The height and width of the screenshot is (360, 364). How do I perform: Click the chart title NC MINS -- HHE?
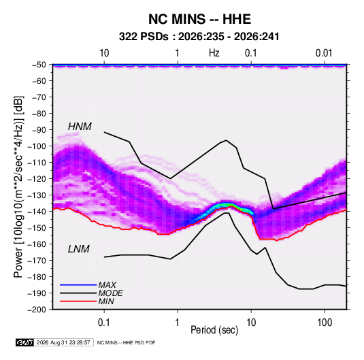tap(199, 19)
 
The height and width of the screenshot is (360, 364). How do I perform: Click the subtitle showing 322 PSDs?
tap(199, 37)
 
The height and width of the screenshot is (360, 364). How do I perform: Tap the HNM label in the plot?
tap(80, 127)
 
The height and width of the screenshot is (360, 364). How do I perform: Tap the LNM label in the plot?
tap(79, 249)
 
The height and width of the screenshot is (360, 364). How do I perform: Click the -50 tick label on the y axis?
tap(39, 65)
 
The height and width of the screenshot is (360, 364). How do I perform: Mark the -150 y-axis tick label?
tap(37, 228)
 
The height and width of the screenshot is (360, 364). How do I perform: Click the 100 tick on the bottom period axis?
tap(325, 323)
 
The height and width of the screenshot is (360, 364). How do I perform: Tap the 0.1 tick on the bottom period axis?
tap(104, 323)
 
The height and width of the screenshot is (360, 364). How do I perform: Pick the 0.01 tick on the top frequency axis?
tap(324, 53)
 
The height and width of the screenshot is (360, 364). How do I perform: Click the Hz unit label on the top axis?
tap(214, 53)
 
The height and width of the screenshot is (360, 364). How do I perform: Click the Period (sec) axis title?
tap(214, 330)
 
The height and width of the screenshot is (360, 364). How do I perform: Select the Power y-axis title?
tap(18, 186)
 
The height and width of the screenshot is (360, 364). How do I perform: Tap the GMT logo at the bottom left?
tap(24, 342)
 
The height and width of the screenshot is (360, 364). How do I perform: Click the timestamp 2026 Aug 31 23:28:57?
tap(63, 342)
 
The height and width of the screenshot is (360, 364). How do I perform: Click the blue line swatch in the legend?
tap(78, 284)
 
